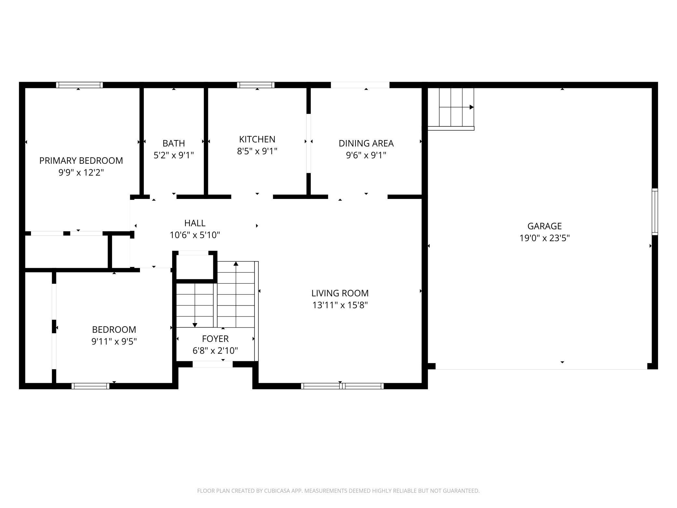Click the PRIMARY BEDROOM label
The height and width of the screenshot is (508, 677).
coord(81,161)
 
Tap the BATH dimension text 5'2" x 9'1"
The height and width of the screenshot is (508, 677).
coord(173,155)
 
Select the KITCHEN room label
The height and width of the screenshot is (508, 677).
coord(257,139)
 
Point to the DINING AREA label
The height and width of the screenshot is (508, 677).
coord(366,143)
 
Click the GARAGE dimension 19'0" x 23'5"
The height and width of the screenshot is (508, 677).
coord(544,238)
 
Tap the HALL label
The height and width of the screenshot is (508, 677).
coord(195,223)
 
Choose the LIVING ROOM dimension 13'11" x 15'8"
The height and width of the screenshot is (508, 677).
coord(340,305)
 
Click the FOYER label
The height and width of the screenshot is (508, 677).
coord(215,339)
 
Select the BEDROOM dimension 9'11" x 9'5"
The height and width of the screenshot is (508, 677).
coord(114,342)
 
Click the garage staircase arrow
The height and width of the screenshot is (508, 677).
coord(471,107)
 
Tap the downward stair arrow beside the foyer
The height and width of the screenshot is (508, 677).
coord(195,324)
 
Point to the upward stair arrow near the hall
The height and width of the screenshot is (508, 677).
coord(236,264)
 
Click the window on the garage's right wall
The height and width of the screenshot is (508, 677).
coord(655,212)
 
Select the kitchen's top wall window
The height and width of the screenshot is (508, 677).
coord(256,85)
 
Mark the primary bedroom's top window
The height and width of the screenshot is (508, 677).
coord(79,85)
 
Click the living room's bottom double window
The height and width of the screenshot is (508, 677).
coord(342,386)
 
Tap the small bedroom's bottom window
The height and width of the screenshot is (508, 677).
coord(90,386)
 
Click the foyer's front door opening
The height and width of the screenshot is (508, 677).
coord(213,364)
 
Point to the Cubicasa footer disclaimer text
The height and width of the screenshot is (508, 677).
coord(338,491)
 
